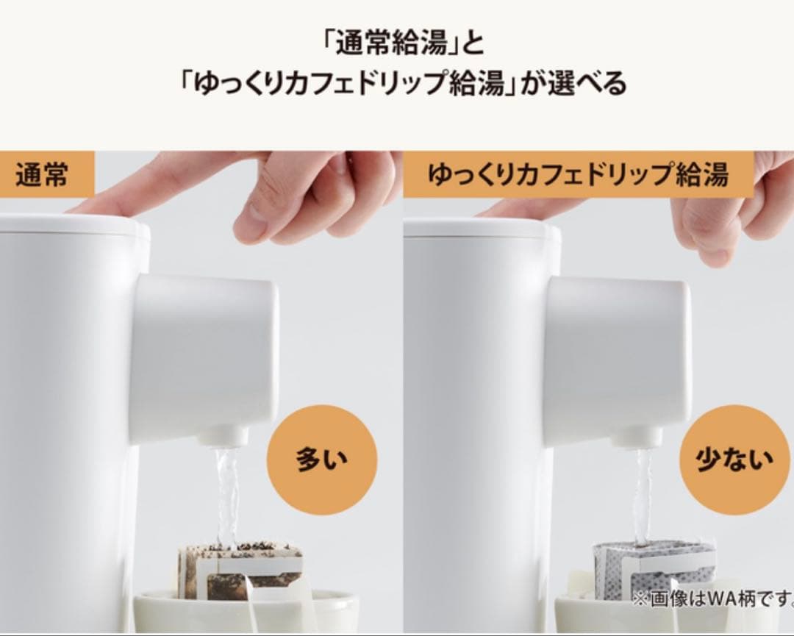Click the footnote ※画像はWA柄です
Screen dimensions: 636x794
[x=712, y=599]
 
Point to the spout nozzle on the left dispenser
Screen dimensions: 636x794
[x=223, y=437]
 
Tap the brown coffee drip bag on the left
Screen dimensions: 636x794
[x=239, y=570]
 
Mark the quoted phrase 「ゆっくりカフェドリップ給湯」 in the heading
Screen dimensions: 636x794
[x=345, y=83]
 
